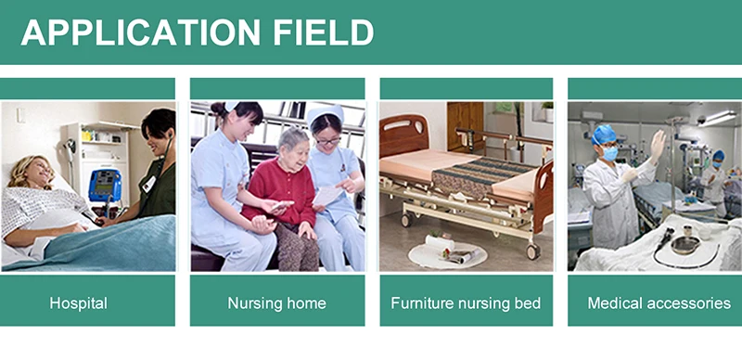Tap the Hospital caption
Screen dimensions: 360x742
[79, 303]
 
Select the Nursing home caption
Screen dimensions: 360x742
[276, 303]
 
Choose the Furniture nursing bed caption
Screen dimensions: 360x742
[466, 303]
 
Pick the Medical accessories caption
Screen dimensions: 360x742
[659, 303]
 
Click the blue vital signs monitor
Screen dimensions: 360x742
[104, 185]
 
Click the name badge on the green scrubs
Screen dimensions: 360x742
[148, 183]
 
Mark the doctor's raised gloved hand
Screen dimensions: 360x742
[658, 144]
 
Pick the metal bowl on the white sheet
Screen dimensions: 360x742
[684, 244]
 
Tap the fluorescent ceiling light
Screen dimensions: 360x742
[720, 118]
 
